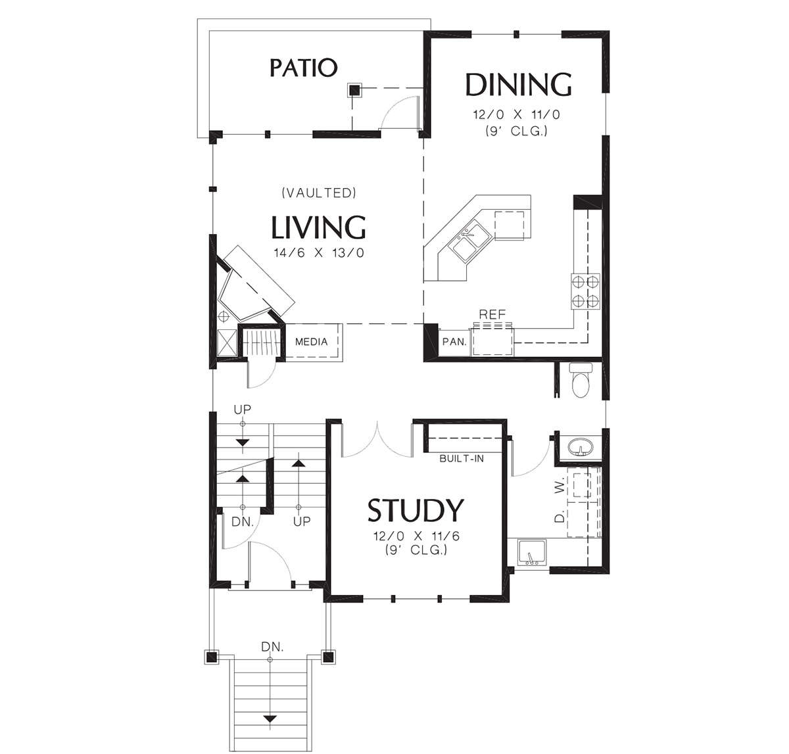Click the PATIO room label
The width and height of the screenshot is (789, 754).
pyautogui.click(x=303, y=68)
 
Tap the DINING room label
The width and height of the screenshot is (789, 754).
pyautogui.click(x=519, y=84)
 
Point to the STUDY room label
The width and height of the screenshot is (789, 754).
pyautogui.click(x=416, y=510)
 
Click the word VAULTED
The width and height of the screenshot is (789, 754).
pyautogui.click(x=319, y=193)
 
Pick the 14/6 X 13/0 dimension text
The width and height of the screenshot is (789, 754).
pyautogui.click(x=319, y=253)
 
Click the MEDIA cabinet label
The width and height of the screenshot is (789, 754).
pyautogui.click(x=312, y=342)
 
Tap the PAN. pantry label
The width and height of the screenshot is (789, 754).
pyautogui.click(x=454, y=342)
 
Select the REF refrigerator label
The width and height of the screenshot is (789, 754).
pyautogui.click(x=492, y=314)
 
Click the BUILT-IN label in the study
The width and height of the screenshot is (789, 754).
pyautogui.click(x=462, y=458)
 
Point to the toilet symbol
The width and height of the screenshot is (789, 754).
pyautogui.click(x=581, y=380)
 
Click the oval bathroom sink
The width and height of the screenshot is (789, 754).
pyautogui.click(x=580, y=448)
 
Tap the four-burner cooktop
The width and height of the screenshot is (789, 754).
pyautogui.click(x=585, y=291)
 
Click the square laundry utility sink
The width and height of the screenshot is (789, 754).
pyautogui.click(x=532, y=552)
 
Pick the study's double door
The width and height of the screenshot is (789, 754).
pyautogui.click(x=377, y=440)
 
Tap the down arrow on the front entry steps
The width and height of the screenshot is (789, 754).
pyautogui.click(x=270, y=719)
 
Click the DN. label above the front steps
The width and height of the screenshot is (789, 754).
pyautogui.click(x=272, y=647)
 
